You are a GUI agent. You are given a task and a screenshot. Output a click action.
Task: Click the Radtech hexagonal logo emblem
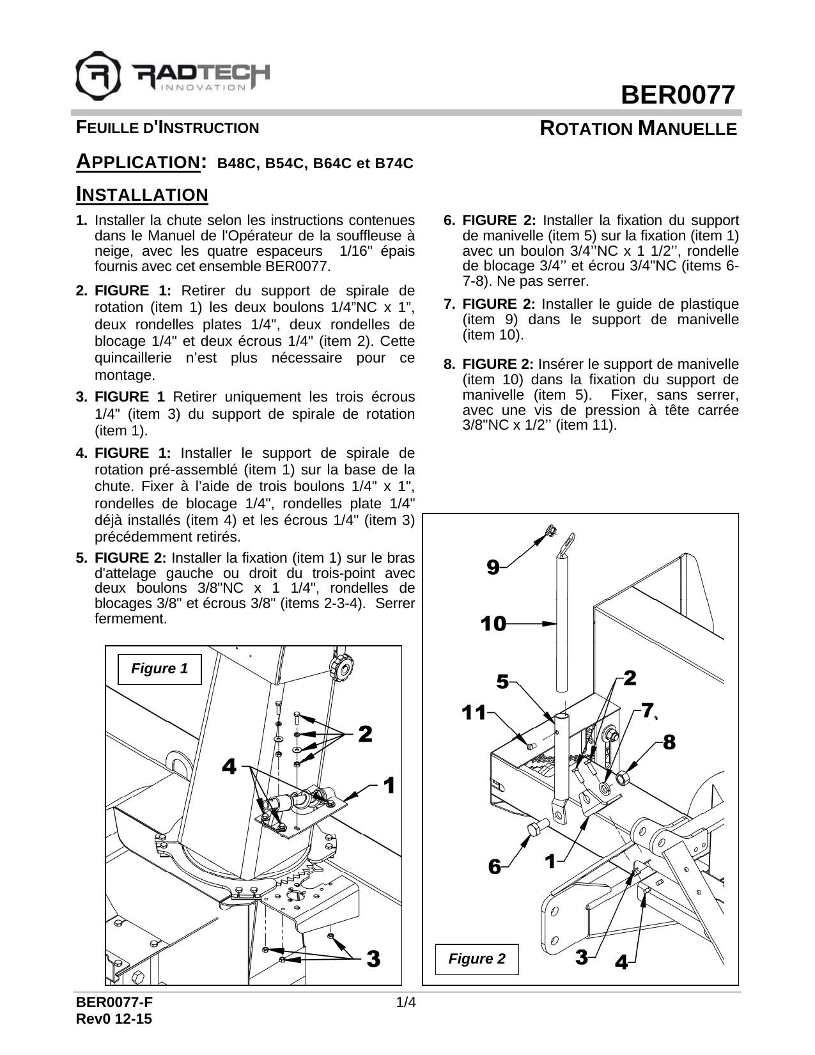98,73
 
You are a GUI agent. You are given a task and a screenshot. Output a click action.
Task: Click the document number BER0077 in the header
679,95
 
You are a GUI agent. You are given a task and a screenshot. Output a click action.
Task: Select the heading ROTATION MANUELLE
638,129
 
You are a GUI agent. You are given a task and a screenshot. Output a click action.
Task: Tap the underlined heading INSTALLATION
142,194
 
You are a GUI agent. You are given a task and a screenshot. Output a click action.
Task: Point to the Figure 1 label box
159,669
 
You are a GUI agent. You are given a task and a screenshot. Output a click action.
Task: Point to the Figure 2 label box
476,958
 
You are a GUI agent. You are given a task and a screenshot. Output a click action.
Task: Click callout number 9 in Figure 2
493,567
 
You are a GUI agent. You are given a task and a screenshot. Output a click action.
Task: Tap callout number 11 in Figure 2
474,712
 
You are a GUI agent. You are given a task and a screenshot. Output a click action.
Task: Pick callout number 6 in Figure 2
494,866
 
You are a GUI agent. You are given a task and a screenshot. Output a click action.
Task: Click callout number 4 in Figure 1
229,766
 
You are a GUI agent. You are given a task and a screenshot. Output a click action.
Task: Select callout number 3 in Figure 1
373,958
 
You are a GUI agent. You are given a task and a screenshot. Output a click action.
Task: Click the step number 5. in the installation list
82,558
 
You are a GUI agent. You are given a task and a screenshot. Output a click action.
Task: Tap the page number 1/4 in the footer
407,1003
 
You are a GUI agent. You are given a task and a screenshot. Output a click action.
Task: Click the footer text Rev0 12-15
114,1019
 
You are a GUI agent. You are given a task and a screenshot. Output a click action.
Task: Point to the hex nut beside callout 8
621,778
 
